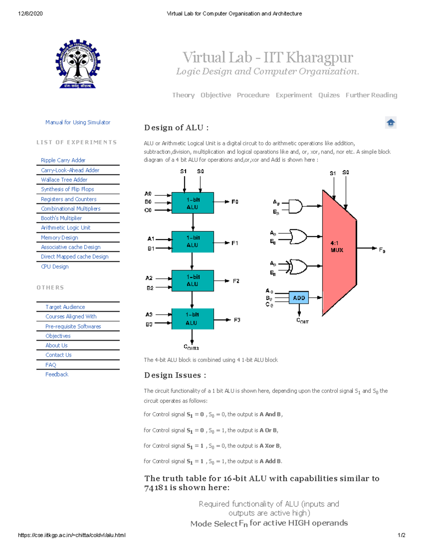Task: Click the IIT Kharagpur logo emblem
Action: point(78,64)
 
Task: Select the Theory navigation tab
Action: point(183,95)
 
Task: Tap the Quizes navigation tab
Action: point(329,95)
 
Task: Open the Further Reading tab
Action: point(371,95)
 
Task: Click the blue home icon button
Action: point(390,123)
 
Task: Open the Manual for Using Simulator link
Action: point(78,122)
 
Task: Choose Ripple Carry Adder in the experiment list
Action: point(63,160)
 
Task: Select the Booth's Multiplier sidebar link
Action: point(61,218)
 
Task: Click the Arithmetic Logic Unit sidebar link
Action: point(65,228)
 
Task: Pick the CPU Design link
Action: point(55,267)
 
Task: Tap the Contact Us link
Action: point(58,355)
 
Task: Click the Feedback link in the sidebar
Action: point(57,374)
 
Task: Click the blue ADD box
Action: point(299,298)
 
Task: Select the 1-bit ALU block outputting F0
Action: point(193,203)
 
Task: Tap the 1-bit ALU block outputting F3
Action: point(193,319)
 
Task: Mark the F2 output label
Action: point(236,281)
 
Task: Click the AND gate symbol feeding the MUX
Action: point(295,206)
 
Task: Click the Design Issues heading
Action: point(175,375)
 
